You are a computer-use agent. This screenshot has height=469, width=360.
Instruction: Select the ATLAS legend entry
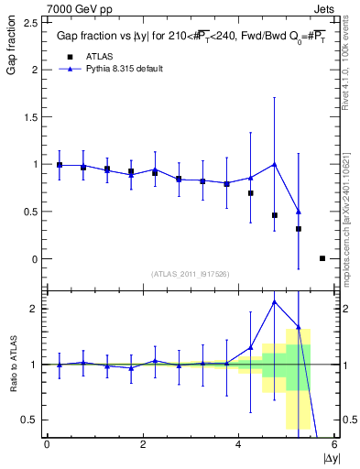click(102, 56)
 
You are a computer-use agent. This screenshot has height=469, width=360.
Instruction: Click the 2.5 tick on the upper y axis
click(30, 22)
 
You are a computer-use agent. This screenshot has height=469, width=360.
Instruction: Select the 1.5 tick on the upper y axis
click(30, 116)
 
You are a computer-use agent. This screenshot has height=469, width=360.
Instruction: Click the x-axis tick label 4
click(238, 444)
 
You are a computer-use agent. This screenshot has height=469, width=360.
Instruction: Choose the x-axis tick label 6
click(334, 444)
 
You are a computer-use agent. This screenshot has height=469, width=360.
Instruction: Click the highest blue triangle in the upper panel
click(275, 164)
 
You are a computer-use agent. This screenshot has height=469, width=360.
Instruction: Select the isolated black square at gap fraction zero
click(322, 258)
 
